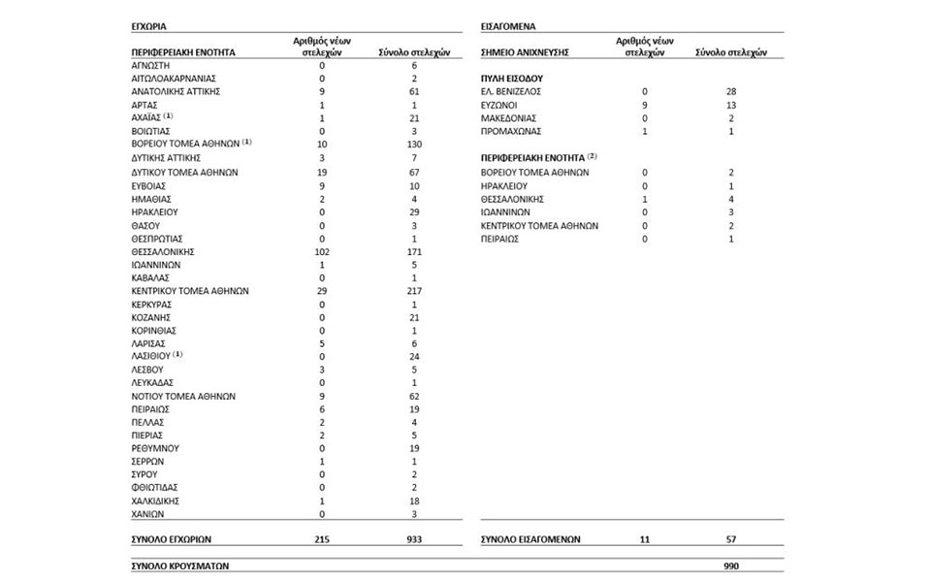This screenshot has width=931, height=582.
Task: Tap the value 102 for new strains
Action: [320, 251]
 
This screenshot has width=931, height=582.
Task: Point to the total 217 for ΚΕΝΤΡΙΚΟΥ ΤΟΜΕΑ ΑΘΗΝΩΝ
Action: [413, 290]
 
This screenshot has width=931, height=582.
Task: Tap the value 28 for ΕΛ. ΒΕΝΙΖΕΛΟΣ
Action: [731, 91]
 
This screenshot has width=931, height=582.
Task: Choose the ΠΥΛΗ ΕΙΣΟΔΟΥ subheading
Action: [511, 77]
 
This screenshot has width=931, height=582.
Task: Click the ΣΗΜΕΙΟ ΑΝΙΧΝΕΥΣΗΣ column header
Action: [525, 51]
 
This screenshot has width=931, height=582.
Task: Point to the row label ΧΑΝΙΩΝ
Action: [147, 513]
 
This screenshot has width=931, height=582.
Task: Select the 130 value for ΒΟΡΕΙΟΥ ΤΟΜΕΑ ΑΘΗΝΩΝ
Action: [413, 144]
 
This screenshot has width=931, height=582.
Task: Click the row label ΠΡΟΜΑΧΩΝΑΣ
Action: [511, 131]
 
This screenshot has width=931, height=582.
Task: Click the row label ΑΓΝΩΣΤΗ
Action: [149, 65]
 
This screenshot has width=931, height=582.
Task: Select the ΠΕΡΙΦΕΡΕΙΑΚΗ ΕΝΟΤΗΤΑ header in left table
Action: [183, 51]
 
